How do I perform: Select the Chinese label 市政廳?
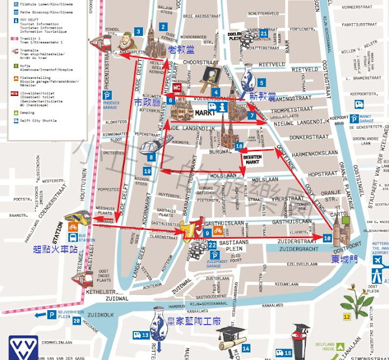[x=148, y=103]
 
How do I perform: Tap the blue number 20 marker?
[x=77, y=321]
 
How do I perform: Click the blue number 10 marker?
[x=327, y=239]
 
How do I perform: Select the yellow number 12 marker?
[x=346, y=316]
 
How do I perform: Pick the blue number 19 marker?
[x=147, y=172]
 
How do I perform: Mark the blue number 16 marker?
[x=239, y=146]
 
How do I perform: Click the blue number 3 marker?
[x=139, y=32]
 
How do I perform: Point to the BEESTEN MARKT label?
[x=252, y=159]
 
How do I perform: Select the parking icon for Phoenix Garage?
[x=106, y=96]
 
